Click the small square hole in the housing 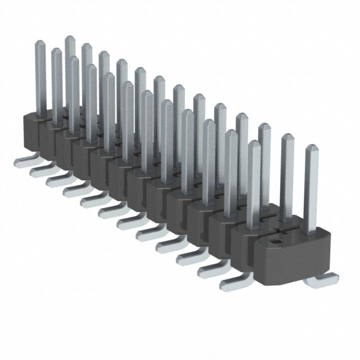tap(276, 243)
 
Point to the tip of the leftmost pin tap(40, 43)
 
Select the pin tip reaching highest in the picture tap(70, 39)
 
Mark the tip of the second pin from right tap(288, 138)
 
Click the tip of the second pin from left tap(57, 52)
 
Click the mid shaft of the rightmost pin tap(311, 191)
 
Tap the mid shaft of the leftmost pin tap(42, 79)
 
